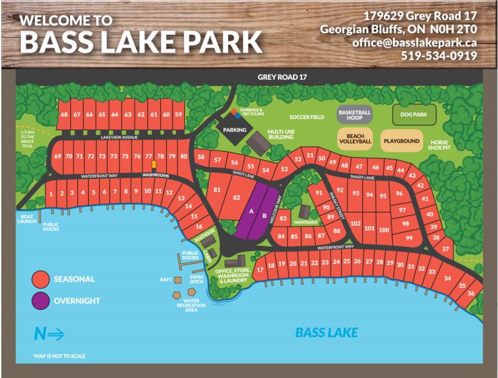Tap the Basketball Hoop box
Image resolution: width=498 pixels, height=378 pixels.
(355, 115)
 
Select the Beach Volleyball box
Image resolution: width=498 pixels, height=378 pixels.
(355, 137)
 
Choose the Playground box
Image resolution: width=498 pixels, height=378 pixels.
(401, 141)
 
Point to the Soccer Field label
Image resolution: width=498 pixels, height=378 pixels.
(307, 117)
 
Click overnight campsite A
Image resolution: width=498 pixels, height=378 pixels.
(251, 211)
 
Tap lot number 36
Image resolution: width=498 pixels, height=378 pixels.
(471, 294)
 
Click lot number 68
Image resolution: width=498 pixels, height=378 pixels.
(64, 115)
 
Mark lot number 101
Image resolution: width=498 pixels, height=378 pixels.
(370, 229)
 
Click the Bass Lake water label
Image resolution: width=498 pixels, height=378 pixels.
(326, 333)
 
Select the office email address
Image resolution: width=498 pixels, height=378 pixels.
(415, 42)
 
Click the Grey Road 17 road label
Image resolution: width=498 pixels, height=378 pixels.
(282, 77)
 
